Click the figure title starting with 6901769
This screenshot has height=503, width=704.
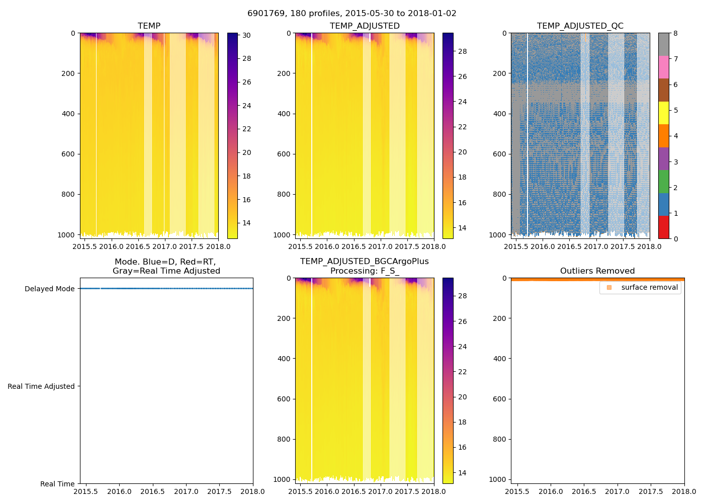coord(352,14)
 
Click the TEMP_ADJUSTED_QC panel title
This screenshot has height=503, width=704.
coord(580,26)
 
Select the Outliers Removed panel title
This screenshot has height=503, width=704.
coord(597,271)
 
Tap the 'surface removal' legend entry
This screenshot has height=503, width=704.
coord(649,288)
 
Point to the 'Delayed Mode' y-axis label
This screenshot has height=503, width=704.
coord(49,289)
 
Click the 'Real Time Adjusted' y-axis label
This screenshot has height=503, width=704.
coord(41,386)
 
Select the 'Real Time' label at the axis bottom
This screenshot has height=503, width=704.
coord(57,484)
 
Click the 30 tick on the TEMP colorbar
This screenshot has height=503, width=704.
coord(246,36)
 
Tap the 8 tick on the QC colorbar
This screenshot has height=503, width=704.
coord(675,34)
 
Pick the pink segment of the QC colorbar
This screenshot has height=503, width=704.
coord(664,67)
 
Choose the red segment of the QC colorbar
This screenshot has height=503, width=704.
coord(664,227)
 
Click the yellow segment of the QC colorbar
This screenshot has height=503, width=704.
coord(664,113)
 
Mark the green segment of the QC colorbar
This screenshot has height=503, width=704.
coord(664,181)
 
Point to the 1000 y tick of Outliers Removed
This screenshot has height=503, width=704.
coord(500,479)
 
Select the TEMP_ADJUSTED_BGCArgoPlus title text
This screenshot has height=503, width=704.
coord(365,262)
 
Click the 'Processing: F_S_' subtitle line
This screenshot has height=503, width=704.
coord(365,271)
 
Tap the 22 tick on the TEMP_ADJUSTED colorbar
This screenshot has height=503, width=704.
coord(462,127)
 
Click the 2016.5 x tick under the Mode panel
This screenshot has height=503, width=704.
coord(153,491)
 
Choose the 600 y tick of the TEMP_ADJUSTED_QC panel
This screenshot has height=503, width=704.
coord(500,154)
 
